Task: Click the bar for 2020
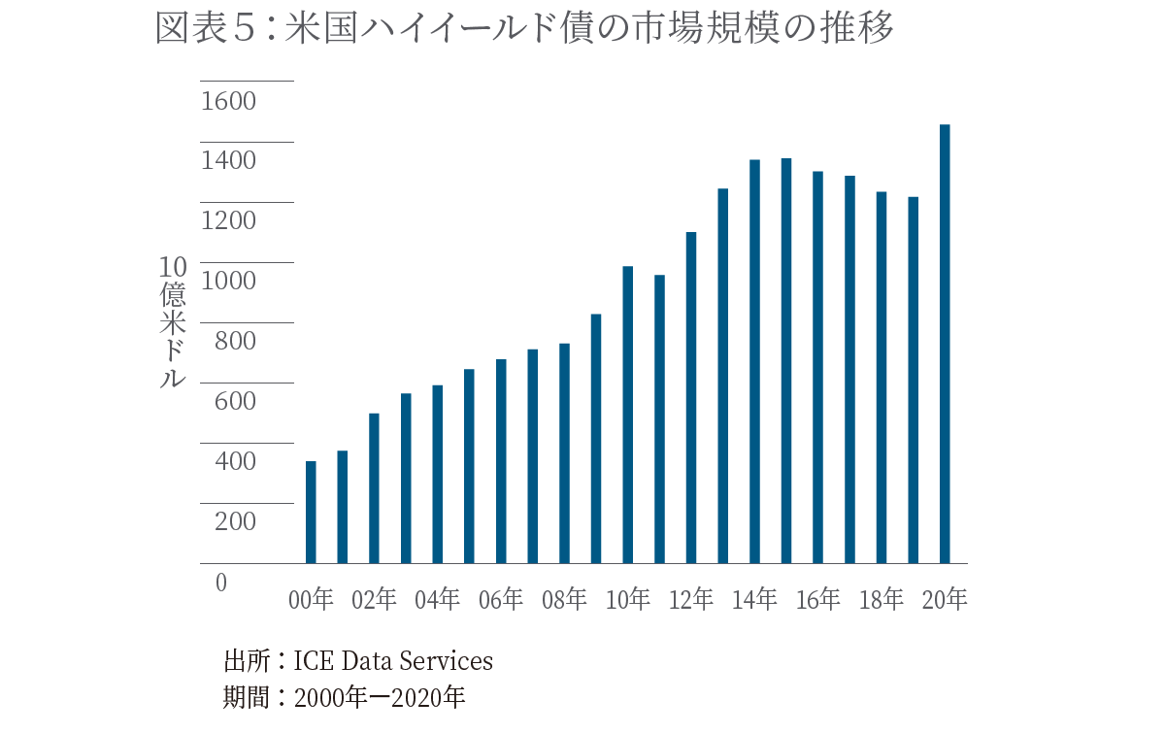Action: pyautogui.click(x=945, y=344)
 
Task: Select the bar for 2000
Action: pyautogui.click(x=311, y=512)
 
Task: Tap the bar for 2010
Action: pyautogui.click(x=628, y=415)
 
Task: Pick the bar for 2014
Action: pyautogui.click(x=754, y=361)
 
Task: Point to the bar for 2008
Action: pyautogui.click(x=564, y=453)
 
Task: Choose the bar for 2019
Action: pyautogui.click(x=913, y=380)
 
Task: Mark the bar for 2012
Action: pyautogui.click(x=691, y=397)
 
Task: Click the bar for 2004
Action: pyautogui.click(x=438, y=474)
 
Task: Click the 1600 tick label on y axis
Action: pyautogui.click(x=228, y=101)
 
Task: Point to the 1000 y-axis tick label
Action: pyautogui.click(x=228, y=282)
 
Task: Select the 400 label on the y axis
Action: pyautogui.click(x=228, y=462)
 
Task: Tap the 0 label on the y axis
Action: pyautogui.click(x=220, y=583)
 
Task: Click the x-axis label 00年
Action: pyautogui.click(x=311, y=600)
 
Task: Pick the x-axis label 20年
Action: pyautogui.click(x=945, y=600)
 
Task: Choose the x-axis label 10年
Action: pyautogui.click(x=628, y=600)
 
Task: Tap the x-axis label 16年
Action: pyautogui.click(x=817, y=600)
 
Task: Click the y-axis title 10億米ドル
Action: pyautogui.click(x=172, y=322)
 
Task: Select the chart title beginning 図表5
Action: pyautogui.click(x=524, y=29)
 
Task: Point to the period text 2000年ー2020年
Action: pyautogui.click(x=380, y=697)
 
